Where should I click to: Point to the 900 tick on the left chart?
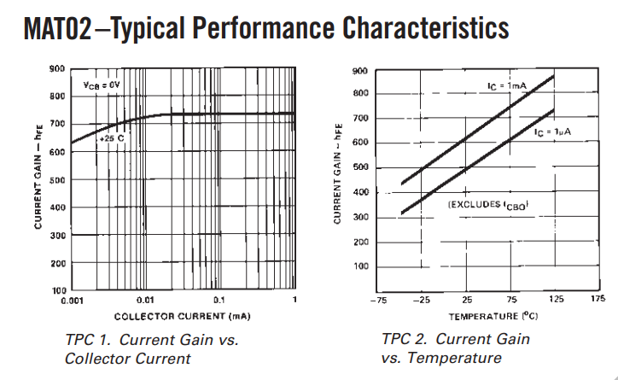pos(57,68)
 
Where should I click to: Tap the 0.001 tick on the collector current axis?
pos(69,301)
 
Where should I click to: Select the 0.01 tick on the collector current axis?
pos(145,301)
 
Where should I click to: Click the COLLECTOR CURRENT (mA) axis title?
pos(182,316)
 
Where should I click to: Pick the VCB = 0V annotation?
pos(102,85)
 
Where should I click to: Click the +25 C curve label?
pos(112,136)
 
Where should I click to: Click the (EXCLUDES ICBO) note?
pos(487,205)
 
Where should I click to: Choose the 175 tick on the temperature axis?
pos(597,300)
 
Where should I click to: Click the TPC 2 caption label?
pos(406,339)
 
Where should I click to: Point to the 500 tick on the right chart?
pos(360,167)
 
